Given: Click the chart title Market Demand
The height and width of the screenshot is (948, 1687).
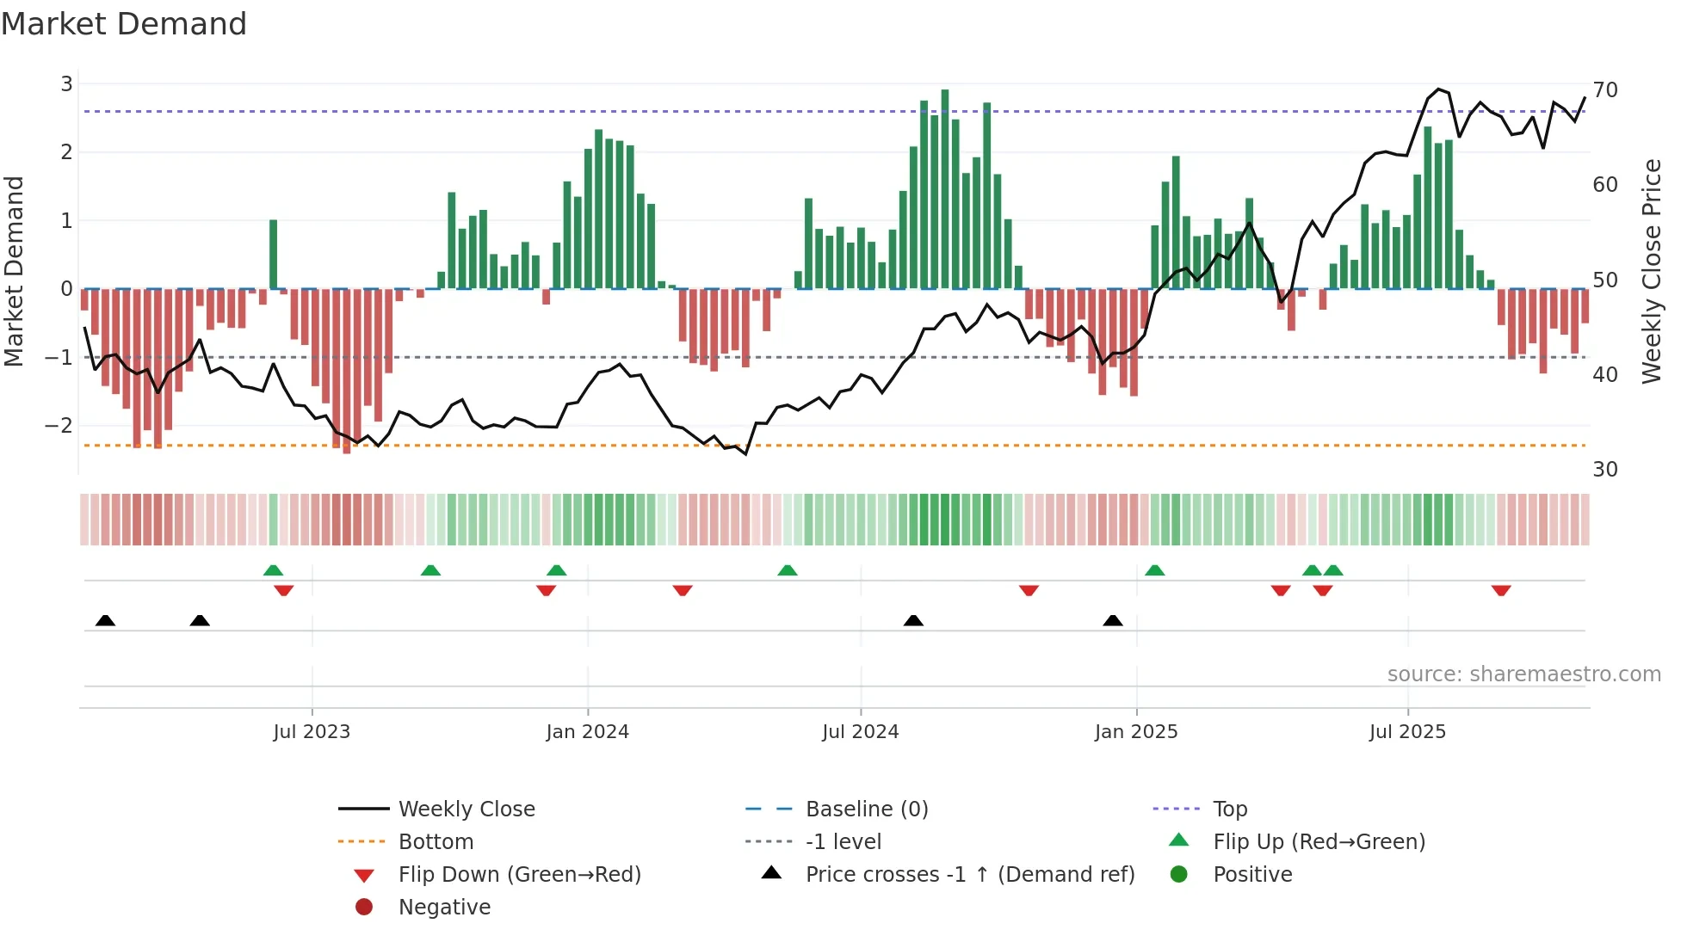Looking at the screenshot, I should point(124,24).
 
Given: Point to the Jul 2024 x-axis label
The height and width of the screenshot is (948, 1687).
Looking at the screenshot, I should point(860,732).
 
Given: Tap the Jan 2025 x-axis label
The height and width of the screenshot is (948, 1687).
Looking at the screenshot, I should point(1135,732).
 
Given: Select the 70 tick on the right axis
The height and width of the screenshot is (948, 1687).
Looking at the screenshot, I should point(1604,90).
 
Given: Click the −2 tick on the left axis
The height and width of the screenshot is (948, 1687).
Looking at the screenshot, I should point(59,426).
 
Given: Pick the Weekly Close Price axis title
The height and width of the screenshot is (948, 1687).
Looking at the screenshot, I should point(1651,271).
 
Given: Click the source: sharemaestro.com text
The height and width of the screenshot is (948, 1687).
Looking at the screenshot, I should point(1523,674).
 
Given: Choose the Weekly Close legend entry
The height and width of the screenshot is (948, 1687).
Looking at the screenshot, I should point(466,809).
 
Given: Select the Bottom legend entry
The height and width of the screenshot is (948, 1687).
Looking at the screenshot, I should point(436,842).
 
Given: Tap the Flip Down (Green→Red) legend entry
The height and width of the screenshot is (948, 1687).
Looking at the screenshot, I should point(519,875).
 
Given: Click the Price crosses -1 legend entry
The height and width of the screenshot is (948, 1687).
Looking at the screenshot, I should point(969,875).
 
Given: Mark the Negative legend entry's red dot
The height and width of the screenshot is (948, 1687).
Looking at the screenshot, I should point(364,908).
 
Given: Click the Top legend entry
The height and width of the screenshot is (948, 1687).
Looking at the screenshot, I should point(1229,809).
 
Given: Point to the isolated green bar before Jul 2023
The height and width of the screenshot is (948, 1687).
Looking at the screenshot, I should point(273,255).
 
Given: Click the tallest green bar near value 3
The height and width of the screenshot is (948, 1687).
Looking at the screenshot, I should point(945,189).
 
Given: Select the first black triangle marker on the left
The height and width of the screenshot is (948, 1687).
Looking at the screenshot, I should point(105,620).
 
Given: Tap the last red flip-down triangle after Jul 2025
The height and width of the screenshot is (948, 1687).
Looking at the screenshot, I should point(1501,591).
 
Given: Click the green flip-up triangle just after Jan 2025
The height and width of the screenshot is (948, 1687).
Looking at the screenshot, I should point(1155,570).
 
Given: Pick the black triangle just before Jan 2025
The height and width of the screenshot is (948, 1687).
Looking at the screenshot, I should point(1113,620).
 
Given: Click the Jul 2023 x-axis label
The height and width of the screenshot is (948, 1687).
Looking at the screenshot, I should point(312,732).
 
